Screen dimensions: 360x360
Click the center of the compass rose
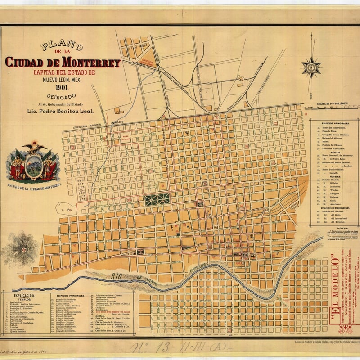click(x=311, y=67)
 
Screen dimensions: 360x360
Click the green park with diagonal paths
click(x=157, y=199)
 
